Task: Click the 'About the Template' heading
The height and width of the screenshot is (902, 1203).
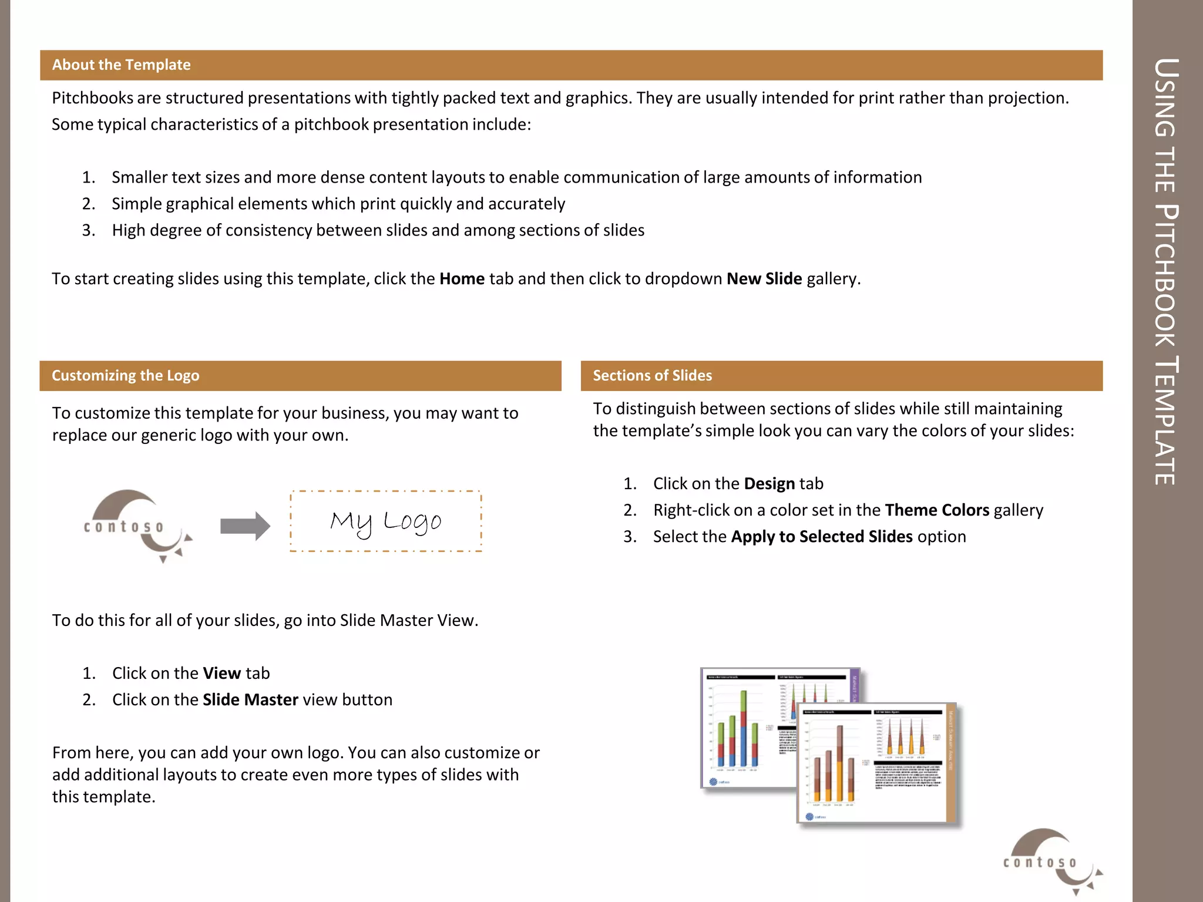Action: [121, 65]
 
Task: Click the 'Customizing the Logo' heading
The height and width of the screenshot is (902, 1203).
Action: [125, 375]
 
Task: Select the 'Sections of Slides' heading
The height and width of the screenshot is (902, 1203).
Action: [652, 375]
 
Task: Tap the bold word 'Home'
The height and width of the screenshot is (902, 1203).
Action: [462, 278]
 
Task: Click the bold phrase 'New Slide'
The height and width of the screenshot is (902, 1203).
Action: [764, 278]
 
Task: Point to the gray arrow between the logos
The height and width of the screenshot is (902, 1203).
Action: [245, 526]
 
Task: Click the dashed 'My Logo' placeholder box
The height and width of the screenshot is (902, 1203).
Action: [386, 521]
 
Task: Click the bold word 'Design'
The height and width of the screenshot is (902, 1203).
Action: [769, 483]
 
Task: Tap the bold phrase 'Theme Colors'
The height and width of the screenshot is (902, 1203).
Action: [936, 510]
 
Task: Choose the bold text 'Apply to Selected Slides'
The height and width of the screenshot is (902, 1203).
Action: [821, 536]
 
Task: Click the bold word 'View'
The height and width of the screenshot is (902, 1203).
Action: [221, 673]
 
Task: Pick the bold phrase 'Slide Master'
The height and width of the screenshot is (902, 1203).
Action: [250, 699]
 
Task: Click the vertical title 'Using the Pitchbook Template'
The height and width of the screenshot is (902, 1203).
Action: [1166, 270]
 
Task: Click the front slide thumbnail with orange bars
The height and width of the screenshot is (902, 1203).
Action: [875, 763]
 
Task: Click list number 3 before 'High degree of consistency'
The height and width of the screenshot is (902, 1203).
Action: [88, 230]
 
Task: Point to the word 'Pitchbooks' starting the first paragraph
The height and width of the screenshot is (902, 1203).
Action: [92, 97]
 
